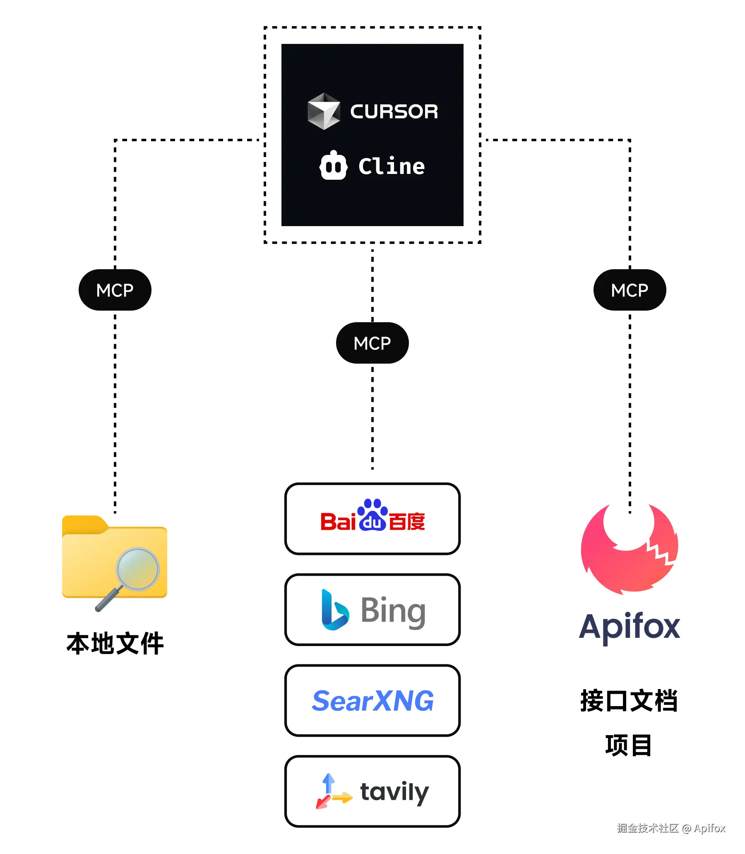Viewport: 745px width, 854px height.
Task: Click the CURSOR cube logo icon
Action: click(x=323, y=111)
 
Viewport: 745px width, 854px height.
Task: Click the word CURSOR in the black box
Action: click(x=394, y=111)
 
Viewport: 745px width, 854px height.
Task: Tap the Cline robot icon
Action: click(x=333, y=166)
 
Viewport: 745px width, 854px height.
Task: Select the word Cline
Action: click(x=391, y=166)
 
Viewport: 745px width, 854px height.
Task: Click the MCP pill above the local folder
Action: click(x=115, y=290)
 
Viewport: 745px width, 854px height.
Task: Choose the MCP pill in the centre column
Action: click(x=372, y=343)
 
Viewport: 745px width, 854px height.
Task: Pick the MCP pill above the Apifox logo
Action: click(x=630, y=290)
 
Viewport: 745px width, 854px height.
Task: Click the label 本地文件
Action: click(x=115, y=644)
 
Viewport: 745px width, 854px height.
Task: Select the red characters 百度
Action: click(x=406, y=521)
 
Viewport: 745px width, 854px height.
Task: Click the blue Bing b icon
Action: click(x=334, y=610)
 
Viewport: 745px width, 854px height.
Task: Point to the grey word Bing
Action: click(x=393, y=610)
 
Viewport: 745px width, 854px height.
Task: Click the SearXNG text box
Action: click(x=372, y=700)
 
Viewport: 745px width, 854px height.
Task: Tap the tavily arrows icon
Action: click(x=333, y=791)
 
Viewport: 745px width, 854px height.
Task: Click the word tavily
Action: click(x=394, y=792)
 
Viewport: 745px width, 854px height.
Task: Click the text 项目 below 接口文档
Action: click(x=629, y=745)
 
